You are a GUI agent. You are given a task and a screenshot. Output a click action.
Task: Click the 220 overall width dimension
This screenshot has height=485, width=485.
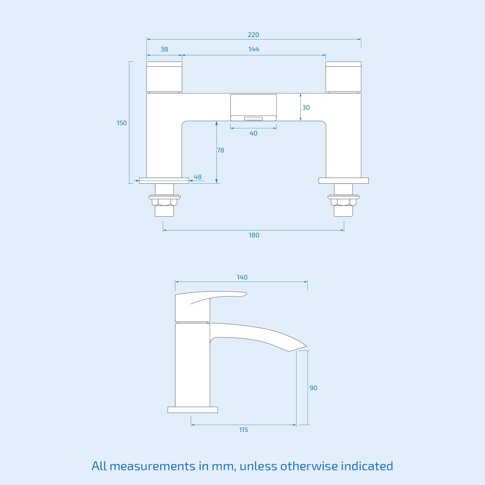(253, 35)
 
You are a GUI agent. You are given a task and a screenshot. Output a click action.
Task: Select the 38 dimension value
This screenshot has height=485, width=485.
(164, 49)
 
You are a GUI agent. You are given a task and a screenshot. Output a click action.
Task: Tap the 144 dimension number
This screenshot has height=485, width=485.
(254, 49)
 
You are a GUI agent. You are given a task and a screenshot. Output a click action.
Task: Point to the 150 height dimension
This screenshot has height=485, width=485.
(122, 123)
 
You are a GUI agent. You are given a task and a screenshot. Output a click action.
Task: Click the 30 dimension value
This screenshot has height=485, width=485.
(306, 108)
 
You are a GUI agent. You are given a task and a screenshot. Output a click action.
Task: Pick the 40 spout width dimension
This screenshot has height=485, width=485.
(253, 133)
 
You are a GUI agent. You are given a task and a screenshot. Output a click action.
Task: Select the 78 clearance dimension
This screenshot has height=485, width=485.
(220, 150)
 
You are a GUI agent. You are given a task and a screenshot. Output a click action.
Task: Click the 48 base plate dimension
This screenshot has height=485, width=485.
(198, 177)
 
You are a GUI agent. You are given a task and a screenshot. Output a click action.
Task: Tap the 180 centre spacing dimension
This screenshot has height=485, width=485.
(254, 235)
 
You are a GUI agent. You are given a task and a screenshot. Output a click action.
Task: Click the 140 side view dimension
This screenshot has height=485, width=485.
(242, 277)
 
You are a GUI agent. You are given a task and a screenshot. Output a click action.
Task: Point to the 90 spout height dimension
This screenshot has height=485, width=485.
(313, 388)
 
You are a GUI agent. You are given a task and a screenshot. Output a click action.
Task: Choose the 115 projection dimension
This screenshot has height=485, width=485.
(243, 430)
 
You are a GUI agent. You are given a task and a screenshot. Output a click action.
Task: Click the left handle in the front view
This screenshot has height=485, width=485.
(164, 77)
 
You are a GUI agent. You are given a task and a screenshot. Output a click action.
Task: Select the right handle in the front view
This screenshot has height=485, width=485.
(343, 77)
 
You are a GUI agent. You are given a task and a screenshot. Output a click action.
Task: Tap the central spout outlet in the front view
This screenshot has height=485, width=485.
(253, 108)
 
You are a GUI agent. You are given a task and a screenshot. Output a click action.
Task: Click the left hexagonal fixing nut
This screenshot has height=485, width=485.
(164, 202)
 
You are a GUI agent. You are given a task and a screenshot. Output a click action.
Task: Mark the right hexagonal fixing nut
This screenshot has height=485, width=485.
(343, 202)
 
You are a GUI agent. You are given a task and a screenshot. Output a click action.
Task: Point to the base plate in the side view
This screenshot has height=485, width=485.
(192, 410)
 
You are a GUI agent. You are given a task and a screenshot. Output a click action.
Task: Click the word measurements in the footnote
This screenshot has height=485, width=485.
(152, 466)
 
